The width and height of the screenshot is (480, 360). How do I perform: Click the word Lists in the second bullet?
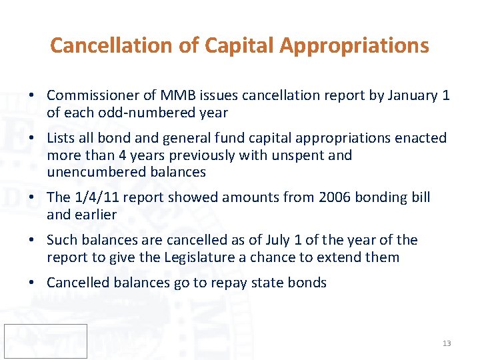[61, 138]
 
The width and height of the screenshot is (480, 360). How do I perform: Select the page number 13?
[447, 343]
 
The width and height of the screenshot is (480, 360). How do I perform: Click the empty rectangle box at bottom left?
[45, 341]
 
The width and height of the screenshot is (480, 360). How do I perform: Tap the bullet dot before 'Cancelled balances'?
[32, 283]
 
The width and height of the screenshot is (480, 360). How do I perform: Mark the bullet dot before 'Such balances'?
[32, 240]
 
